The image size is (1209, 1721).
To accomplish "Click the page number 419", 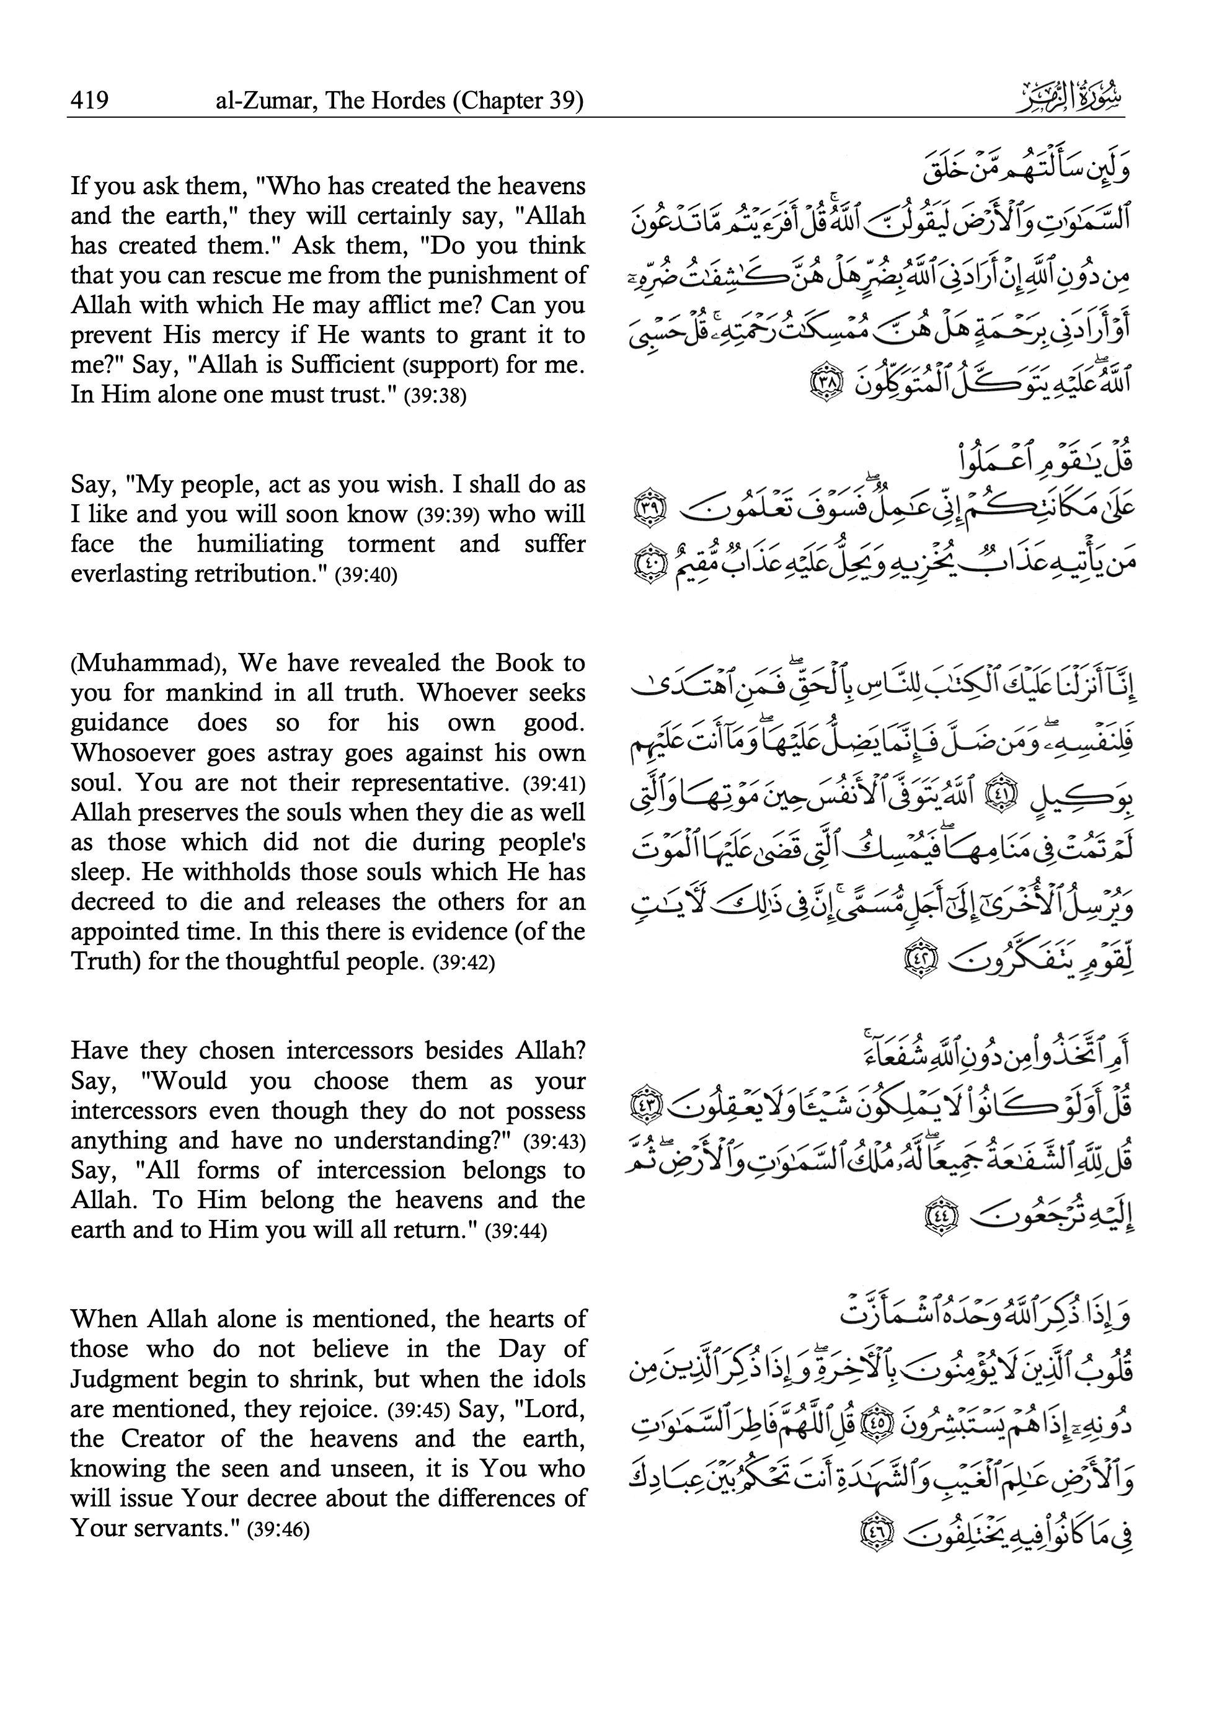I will (x=89, y=100).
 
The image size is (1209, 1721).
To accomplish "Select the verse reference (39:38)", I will (x=435, y=396).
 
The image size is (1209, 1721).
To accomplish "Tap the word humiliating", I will (x=260, y=543).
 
